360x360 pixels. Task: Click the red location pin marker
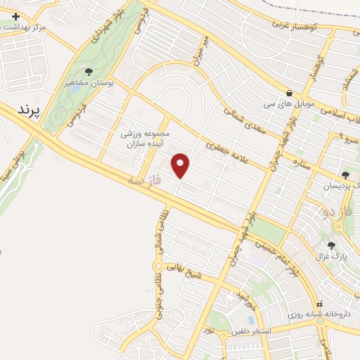coord(181,165)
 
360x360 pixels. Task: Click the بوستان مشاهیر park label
coord(89,82)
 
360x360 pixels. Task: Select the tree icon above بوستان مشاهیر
coord(89,71)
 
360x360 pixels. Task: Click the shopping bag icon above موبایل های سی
coord(289,93)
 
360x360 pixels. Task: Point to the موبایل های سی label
coord(289,104)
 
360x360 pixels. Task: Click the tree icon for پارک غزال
coord(332,245)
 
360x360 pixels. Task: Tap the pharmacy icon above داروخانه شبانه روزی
coord(321,304)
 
